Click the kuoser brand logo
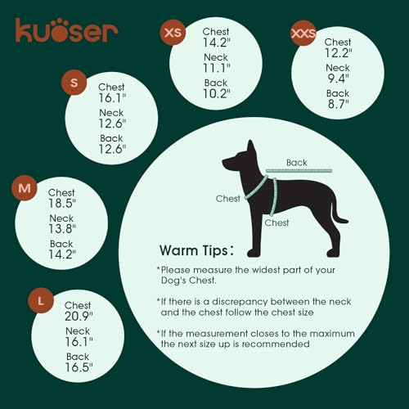coord(66,30)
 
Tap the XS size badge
coord(173,33)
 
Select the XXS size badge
coord(303,33)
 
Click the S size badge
coord(74,83)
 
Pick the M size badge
coord(25,188)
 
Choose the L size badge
coord(41,300)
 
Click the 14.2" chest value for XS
coord(217,43)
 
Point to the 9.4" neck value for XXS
coord(338,79)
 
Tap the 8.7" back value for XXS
coord(339,104)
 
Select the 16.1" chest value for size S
coord(112,98)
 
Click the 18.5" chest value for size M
coord(62,204)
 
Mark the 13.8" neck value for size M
coord(62,229)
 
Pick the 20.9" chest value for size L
coord(79,317)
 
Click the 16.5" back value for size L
coord(79,367)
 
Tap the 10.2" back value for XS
coord(217,94)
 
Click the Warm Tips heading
coord(196,250)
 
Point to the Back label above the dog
coord(297,163)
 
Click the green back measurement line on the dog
coord(299,171)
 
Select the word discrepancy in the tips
coord(240,302)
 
